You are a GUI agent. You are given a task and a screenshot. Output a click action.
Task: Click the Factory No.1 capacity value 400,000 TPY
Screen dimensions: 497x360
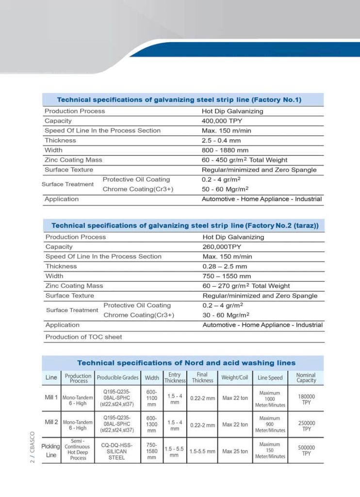222,121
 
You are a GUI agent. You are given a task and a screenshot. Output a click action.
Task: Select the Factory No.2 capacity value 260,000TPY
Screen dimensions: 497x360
221,247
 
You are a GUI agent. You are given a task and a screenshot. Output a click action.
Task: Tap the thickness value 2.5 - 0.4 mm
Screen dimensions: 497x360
221,140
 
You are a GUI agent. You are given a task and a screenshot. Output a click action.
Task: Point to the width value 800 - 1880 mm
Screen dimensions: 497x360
225,150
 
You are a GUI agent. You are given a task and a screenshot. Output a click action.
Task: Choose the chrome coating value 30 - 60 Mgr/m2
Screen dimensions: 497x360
226,315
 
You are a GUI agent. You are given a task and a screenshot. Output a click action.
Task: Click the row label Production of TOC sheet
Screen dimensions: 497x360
83,337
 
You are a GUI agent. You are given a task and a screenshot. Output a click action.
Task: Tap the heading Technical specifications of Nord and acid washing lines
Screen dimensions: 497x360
186,363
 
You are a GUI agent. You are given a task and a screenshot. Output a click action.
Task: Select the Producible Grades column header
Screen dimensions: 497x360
117,378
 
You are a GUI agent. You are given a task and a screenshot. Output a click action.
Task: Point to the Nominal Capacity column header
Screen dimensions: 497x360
306,378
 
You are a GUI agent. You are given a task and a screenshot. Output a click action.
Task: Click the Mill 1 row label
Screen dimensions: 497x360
51,398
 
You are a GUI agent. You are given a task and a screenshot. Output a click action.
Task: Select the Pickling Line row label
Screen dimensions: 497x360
51,451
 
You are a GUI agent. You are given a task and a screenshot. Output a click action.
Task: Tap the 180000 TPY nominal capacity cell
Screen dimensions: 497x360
306,399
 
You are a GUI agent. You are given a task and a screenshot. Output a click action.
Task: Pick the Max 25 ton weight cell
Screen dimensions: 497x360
235,451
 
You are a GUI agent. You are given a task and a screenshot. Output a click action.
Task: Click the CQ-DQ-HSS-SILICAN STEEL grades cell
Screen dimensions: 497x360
116,451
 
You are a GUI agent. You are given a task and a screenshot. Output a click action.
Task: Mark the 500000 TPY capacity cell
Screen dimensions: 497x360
306,450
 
